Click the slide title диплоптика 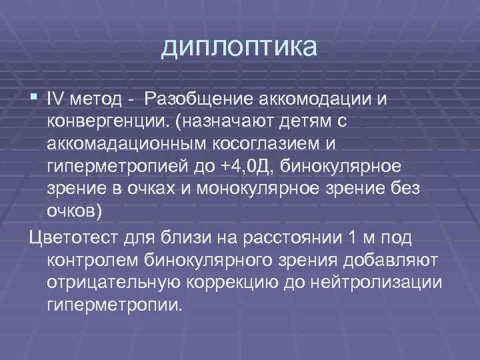pos(239,47)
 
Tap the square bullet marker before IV pos(34,99)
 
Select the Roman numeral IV pos(54,99)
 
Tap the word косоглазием pos(267,144)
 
